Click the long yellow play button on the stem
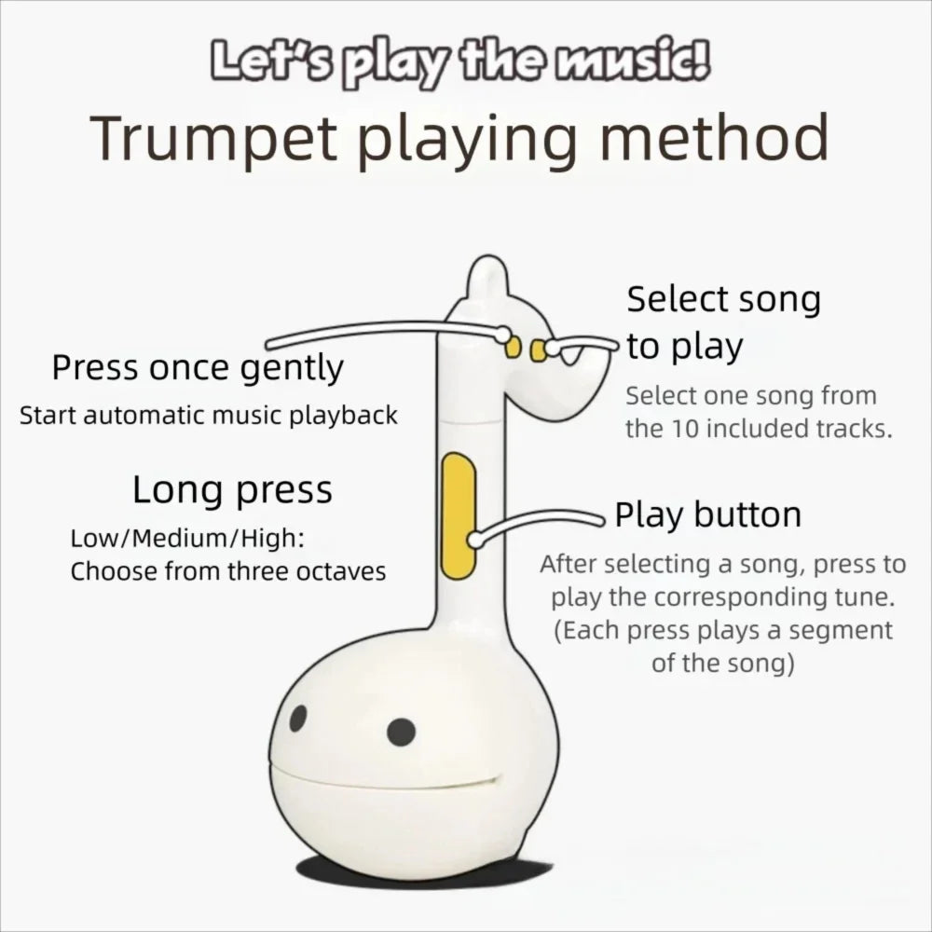point(458,514)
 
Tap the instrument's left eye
point(298,718)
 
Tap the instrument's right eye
point(401,732)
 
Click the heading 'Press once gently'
point(198,369)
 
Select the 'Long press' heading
point(232,490)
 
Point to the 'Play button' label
point(708,514)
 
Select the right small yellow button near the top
point(537,349)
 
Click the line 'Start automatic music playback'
point(209,415)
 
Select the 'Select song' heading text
point(723,300)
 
